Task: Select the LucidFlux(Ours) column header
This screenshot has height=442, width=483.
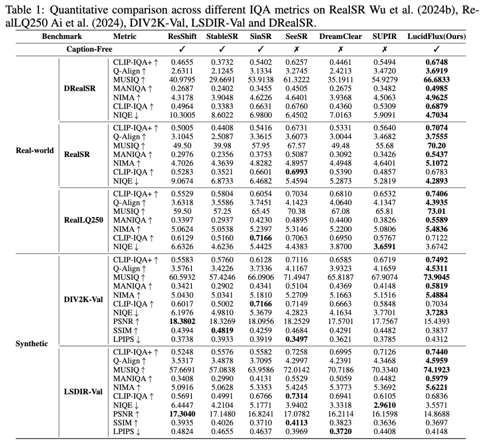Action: pyautogui.click(x=436, y=37)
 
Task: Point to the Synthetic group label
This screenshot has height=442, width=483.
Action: pyautogui.click(x=35, y=344)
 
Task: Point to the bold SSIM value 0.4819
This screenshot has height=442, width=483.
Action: pyautogui.click(x=219, y=331)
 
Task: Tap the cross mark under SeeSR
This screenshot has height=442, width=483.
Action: pyautogui.click(x=296, y=49)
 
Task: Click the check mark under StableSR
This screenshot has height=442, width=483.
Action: pyautogui.click(x=219, y=49)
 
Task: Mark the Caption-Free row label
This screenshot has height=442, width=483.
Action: pyautogui.click(x=89, y=49)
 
